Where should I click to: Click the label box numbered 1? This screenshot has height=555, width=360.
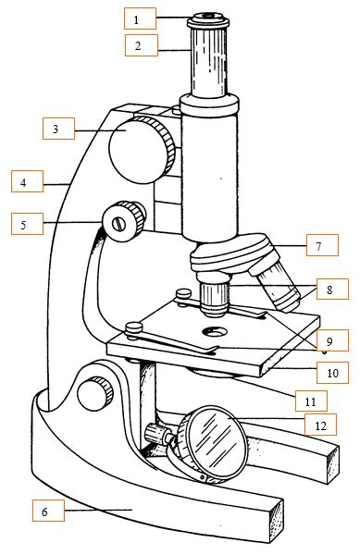click(x=137, y=18)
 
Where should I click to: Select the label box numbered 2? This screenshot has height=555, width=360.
click(x=137, y=44)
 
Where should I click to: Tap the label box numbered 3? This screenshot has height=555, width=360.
click(x=56, y=129)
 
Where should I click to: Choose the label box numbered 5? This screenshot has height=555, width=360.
click(x=25, y=223)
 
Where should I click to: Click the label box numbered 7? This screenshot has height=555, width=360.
click(x=318, y=247)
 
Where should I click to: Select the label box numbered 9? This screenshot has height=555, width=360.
click(x=331, y=339)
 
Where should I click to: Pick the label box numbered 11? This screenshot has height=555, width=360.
click(x=310, y=401)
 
